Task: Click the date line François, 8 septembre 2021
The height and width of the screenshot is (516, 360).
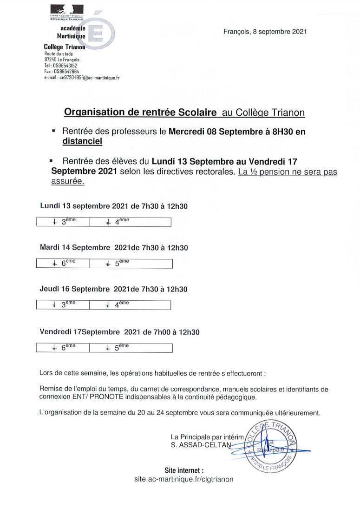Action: [265, 32]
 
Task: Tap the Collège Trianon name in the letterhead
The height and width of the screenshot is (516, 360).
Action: [64, 47]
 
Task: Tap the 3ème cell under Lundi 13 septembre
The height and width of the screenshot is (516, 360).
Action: [63, 222]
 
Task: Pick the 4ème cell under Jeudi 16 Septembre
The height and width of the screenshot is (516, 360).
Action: [130, 304]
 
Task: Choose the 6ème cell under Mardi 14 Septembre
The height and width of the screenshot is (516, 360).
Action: [63, 263]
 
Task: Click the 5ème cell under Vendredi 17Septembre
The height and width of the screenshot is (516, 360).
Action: [130, 348]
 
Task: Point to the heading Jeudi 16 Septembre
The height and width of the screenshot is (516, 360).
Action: [74, 289]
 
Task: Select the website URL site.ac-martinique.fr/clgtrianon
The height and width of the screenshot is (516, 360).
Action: [183, 479]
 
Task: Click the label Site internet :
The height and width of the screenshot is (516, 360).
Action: [184, 470]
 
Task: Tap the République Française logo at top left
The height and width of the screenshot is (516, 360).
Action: [67, 13]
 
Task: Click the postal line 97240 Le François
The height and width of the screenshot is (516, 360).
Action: [62, 60]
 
